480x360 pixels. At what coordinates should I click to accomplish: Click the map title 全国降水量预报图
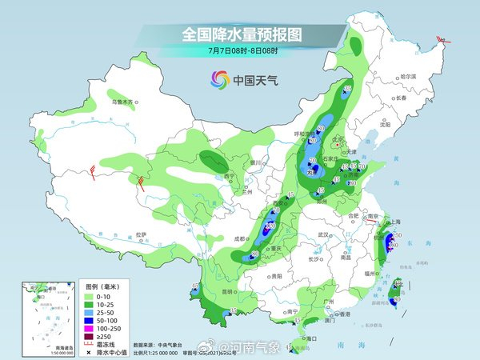(x=241, y=34)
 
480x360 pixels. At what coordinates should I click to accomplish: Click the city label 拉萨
(x=142, y=234)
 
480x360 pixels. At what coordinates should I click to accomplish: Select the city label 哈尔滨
(x=409, y=76)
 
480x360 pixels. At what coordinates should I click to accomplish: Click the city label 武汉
(x=323, y=234)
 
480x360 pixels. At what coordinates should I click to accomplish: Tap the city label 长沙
(x=314, y=260)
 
